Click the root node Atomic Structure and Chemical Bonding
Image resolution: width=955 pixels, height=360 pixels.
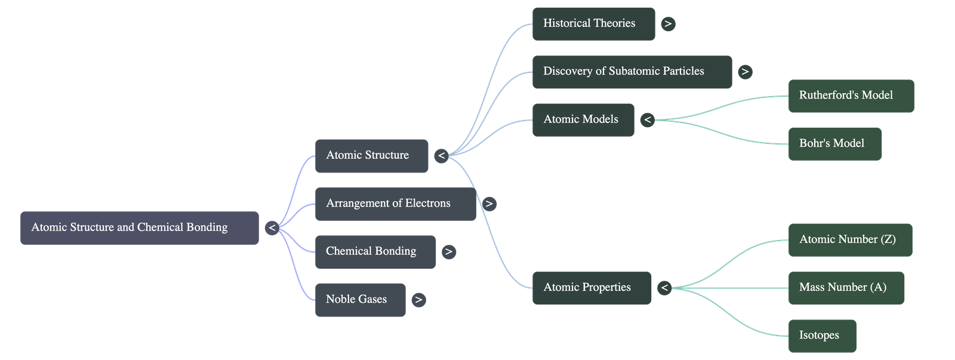tap(140, 227)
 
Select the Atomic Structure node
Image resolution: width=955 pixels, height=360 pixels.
tap(371, 156)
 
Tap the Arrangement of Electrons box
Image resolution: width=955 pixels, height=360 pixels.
tap(395, 204)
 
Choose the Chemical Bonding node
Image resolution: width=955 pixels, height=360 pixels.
tap(375, 251)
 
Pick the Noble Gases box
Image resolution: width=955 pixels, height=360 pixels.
tap(360, 300)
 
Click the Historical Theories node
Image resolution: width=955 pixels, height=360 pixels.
tap(593, 24)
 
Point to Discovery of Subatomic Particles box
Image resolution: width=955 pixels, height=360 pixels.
tap(631, 72)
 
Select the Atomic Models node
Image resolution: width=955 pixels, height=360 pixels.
tap(583, 119)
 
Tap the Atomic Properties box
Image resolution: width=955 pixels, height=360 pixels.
tap(591, 288)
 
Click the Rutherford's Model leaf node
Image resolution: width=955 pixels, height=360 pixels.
tap(851, 96)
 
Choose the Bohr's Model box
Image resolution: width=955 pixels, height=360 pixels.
tap(835, 143)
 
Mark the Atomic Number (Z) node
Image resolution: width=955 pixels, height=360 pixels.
tap(850, 240)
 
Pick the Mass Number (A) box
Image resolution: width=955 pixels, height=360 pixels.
tap(846, 288)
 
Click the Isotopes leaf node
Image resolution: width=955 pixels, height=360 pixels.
tap(822, 336)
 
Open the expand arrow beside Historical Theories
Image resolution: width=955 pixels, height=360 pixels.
tap(668, 24)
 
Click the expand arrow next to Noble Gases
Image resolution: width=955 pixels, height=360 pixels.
tap(418, 300)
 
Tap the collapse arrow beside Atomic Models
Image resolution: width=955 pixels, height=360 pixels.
tap(647, 120)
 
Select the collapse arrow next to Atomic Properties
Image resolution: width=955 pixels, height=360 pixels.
tap(664, 288)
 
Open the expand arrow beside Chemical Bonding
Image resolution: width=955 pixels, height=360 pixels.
tap(449, 252)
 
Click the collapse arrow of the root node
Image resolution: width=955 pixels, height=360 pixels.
tap(272, 228)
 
